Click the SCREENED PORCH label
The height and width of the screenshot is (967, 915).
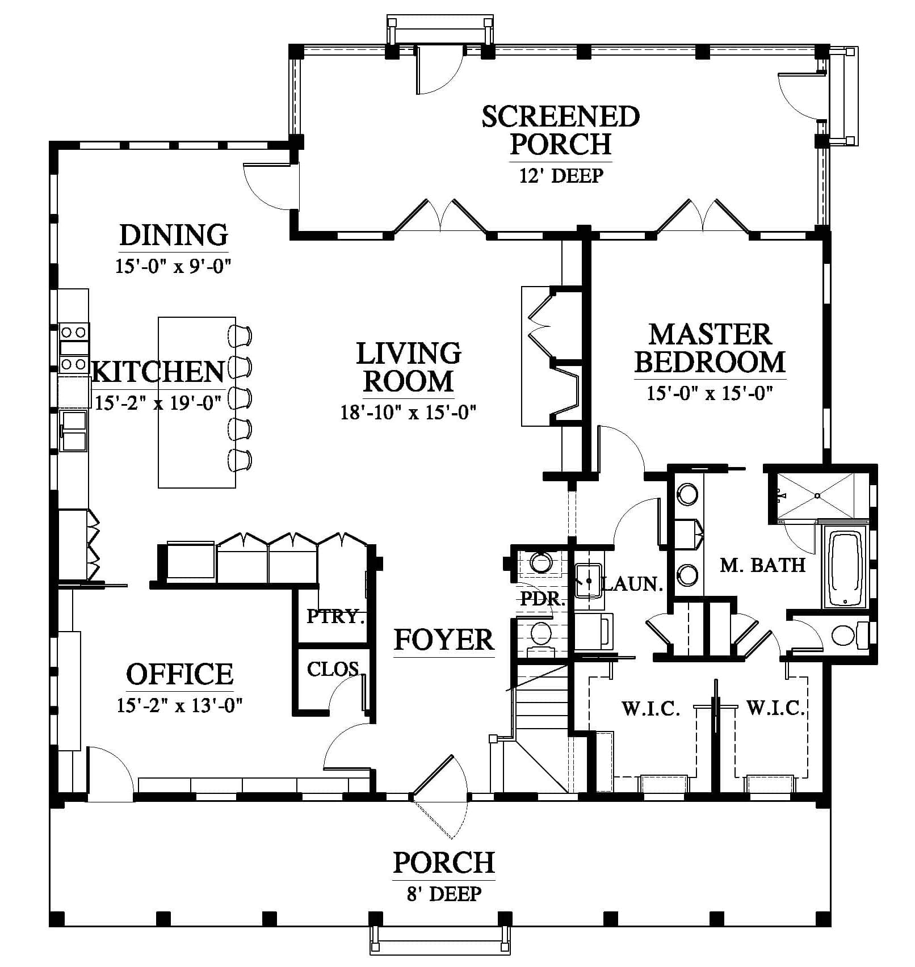(x=561, y=130)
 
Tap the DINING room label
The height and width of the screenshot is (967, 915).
(x=174, y=234)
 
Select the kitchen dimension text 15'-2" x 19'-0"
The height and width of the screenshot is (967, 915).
(x=158, y=402)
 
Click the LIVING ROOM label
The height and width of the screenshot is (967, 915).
(x=409, y=367)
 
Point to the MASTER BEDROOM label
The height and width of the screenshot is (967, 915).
(x=710, y=348)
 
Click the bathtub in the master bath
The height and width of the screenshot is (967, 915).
(x=846, y=568)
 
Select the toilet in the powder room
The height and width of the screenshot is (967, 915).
(x=541, y=636)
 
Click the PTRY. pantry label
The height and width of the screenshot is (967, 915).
(x=335, y=616)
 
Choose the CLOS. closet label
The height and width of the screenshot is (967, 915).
(x=333, y=669)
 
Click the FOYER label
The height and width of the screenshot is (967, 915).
(x=444, y=640)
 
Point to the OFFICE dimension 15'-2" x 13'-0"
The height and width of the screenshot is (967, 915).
(x=180, y=705)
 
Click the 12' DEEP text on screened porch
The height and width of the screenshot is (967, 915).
(x=561, y=175)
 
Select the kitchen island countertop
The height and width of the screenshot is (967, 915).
(x=197, y=402)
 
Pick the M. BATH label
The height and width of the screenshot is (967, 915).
(x=762, y=565)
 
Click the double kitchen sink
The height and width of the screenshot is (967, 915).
(x=73, y=431)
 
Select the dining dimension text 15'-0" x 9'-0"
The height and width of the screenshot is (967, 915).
(x=174, y=266)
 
